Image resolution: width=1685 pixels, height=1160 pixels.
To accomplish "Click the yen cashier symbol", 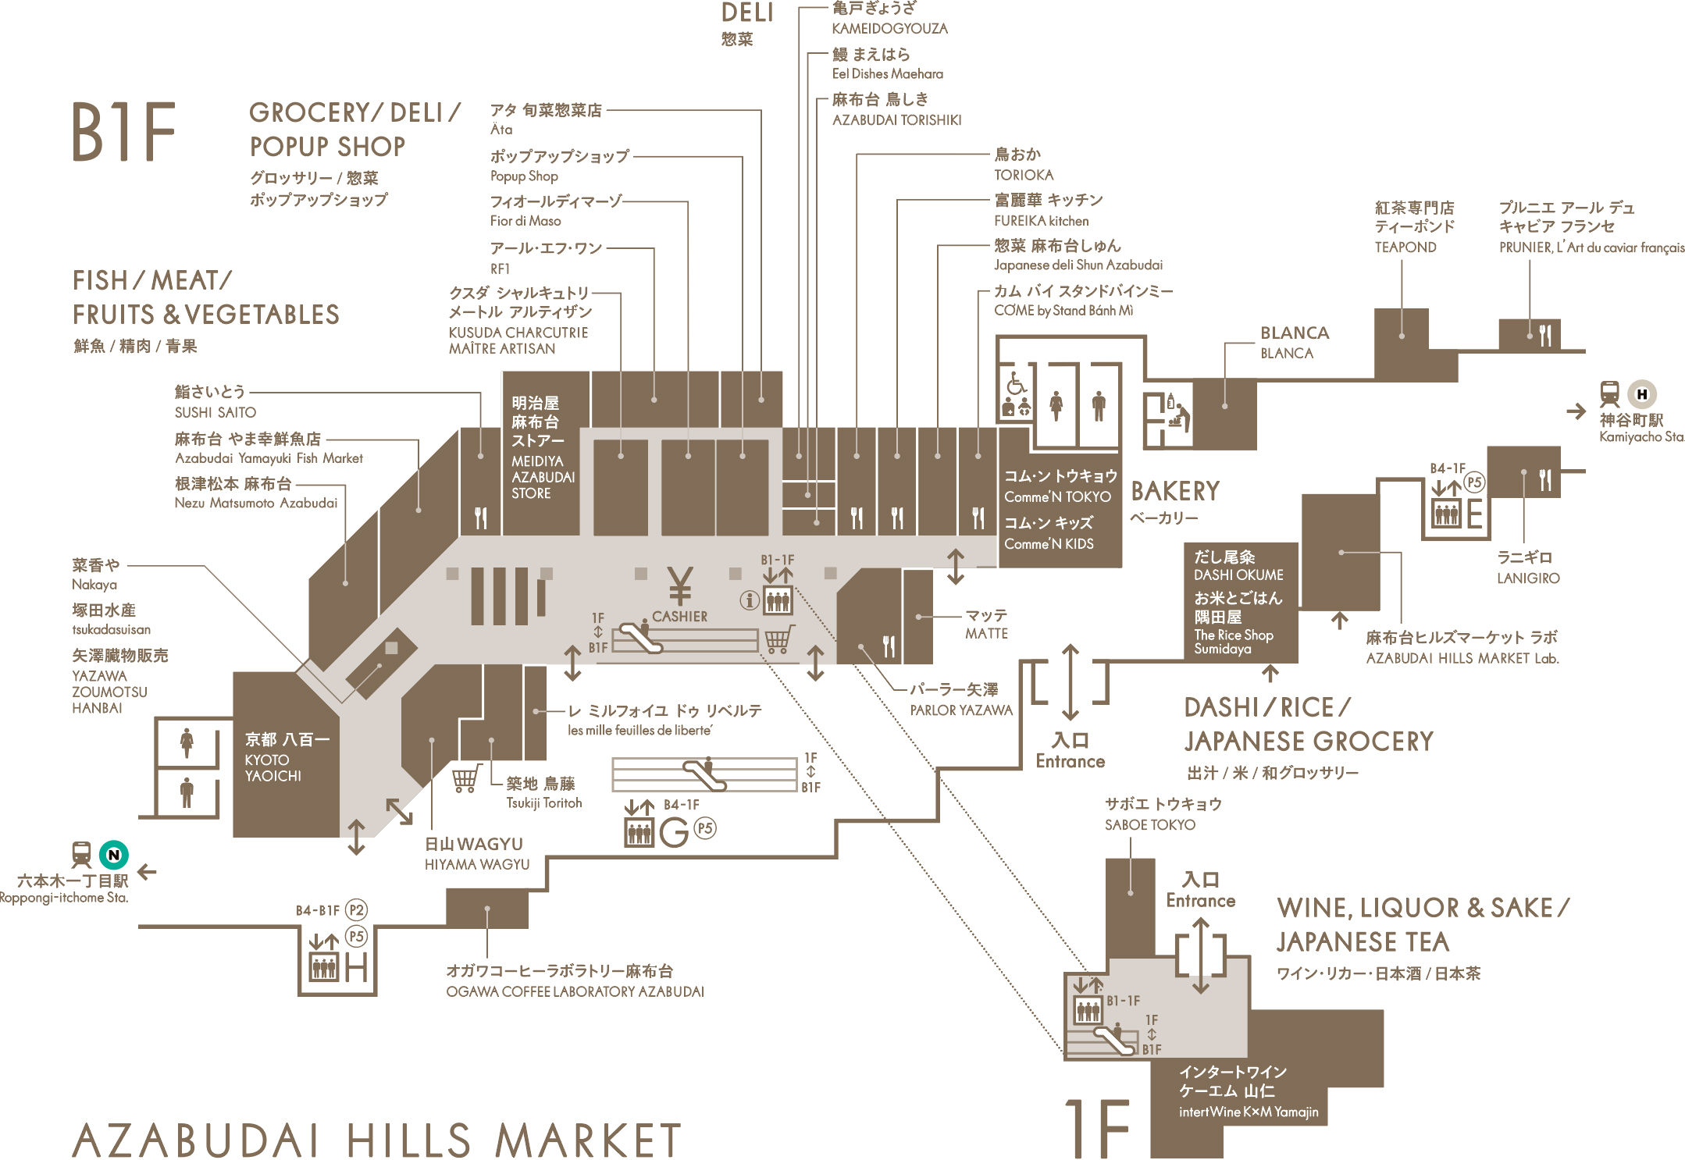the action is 680,586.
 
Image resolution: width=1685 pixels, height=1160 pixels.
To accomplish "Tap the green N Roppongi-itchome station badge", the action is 114,855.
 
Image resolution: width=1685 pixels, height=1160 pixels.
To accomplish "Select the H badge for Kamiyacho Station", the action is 1642,394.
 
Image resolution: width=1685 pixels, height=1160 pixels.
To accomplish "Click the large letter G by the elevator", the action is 674,832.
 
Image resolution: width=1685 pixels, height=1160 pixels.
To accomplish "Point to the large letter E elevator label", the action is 1474,514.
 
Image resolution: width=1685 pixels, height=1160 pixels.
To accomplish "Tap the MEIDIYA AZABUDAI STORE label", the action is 543,477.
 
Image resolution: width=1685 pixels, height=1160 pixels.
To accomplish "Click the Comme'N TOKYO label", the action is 1057,496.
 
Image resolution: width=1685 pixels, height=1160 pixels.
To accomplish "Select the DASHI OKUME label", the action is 1238,575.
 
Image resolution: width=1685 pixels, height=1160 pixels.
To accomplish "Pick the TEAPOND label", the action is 1405,247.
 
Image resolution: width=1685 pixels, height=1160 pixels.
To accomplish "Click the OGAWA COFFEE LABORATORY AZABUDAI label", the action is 575,991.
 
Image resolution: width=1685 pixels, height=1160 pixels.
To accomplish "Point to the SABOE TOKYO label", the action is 1149,824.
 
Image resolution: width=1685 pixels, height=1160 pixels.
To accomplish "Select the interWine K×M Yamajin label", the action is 1249,1112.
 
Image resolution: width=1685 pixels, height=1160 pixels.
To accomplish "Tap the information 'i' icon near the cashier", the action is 750,600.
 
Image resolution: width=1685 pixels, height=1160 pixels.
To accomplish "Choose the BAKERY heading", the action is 1175,491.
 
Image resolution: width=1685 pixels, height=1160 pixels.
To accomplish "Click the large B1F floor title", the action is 124,132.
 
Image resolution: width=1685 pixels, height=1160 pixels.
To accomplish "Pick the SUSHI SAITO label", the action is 216,412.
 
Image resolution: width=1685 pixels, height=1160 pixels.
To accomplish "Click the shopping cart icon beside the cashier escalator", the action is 778,639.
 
